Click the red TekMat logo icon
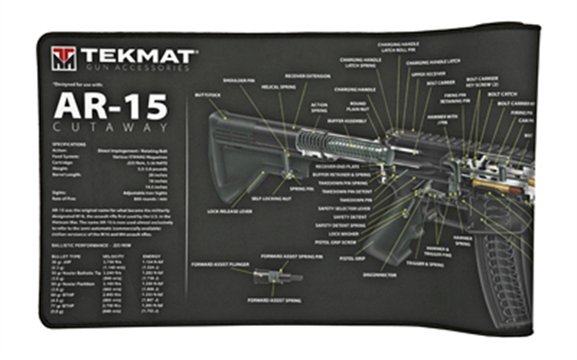click(x=64, y=58)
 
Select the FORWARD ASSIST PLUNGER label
click(x=215, y=262)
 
